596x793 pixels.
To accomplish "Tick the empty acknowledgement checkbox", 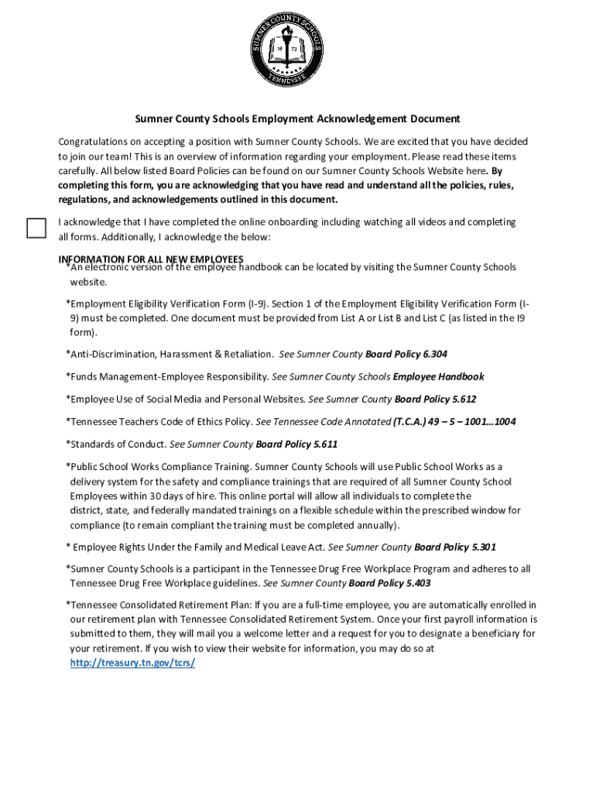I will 36,228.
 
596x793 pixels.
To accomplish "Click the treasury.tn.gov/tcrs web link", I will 132,664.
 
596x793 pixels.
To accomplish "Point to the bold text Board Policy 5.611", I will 296,445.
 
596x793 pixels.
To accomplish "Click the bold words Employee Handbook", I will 439,376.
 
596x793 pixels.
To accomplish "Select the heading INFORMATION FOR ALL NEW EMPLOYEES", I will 151,259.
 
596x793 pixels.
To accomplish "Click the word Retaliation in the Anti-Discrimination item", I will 246,354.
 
